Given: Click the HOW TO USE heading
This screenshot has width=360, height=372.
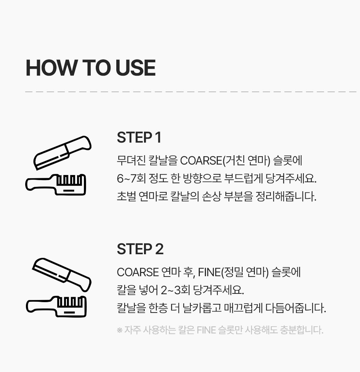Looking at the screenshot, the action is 90,68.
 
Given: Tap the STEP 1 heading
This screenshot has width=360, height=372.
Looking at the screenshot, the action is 139,137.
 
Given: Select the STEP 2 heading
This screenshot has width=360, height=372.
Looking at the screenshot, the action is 140,249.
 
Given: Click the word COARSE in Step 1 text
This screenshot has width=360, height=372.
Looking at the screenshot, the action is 201,161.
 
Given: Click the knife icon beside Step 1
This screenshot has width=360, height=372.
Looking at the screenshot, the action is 62,153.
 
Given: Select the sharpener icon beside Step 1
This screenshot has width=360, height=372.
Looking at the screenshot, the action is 56,185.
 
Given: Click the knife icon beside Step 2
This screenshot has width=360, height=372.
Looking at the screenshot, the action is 62,275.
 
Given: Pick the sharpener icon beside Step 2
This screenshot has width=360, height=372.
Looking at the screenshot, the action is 56,306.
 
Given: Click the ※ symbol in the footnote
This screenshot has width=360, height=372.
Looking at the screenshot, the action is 120,330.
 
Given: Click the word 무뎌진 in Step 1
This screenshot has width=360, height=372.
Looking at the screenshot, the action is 131,161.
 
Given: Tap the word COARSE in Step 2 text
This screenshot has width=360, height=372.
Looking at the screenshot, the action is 138,272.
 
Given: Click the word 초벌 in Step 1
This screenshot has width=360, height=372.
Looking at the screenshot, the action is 126,196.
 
